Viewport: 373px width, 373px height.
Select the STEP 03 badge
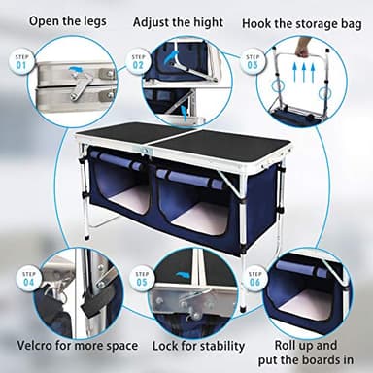[254, 61]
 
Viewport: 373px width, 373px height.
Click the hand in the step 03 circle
[302, 46]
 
